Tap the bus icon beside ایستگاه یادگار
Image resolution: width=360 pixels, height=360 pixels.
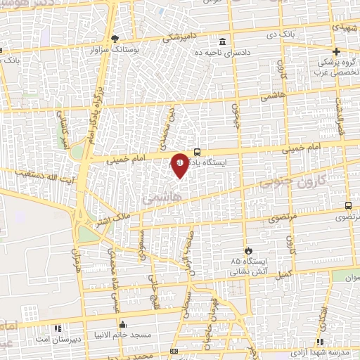point(198,150)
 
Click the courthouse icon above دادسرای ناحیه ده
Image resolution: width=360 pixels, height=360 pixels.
point(222,41)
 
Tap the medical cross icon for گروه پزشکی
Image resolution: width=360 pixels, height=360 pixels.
point(337,51)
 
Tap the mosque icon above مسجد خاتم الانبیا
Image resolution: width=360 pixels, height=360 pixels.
point(123,324)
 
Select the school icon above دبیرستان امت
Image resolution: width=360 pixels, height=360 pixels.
point(58,328)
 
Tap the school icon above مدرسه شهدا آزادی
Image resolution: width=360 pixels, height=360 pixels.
point(321,342)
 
